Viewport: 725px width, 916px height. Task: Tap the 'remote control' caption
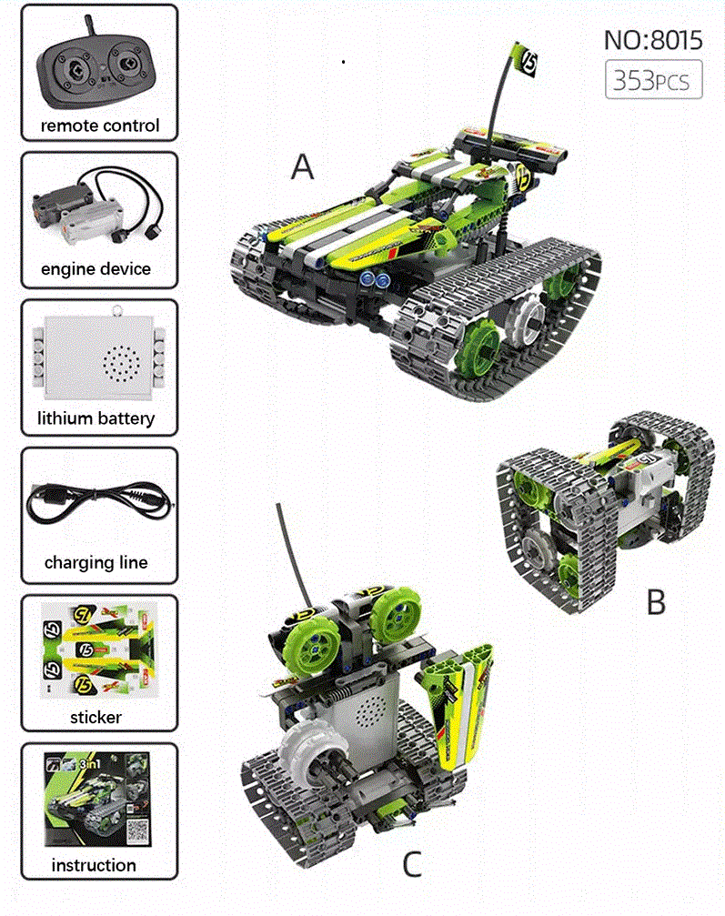point(100,126)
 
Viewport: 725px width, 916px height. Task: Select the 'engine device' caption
point(96,268)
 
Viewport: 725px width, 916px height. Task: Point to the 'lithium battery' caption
point(96,418)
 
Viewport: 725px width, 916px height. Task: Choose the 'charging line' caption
point(96,562)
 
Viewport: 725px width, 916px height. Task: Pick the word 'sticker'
point(96,718)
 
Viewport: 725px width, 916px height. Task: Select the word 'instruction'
point(95,865)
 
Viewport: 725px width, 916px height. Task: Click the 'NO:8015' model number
point(652,40)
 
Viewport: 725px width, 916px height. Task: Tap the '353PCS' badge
point(653,80)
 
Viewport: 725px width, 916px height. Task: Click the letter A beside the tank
point(302,167)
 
